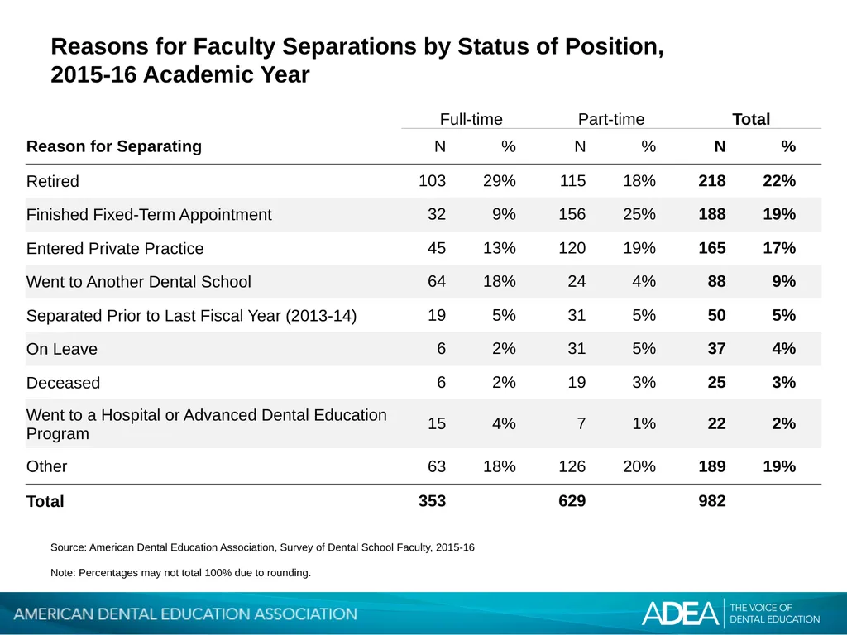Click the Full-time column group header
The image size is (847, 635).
click(471, 119)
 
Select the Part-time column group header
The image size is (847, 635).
click(611, 119)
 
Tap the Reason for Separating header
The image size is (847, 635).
click(114, 146)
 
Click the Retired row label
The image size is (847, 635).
click(52, 181)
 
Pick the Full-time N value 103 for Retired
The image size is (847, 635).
click(432, 181)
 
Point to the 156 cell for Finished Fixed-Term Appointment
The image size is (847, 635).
click(572, 214)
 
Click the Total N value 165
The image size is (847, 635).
click(712, 248)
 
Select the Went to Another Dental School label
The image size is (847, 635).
click(139, 282)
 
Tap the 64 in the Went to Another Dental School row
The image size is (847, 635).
click(437, 281)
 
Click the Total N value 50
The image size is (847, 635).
click(716, 315)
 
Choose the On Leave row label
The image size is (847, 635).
click(61, 349)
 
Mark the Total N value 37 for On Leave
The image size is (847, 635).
click(716, 349)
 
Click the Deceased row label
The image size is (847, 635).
click(63, 383)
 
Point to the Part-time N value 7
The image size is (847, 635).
click(581, 423)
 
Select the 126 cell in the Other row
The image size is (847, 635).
click(572, 466)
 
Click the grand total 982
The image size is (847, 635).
click(712, 501)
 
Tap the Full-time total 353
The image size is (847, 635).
click(432, 501)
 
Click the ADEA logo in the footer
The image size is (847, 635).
click(681, 614)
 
